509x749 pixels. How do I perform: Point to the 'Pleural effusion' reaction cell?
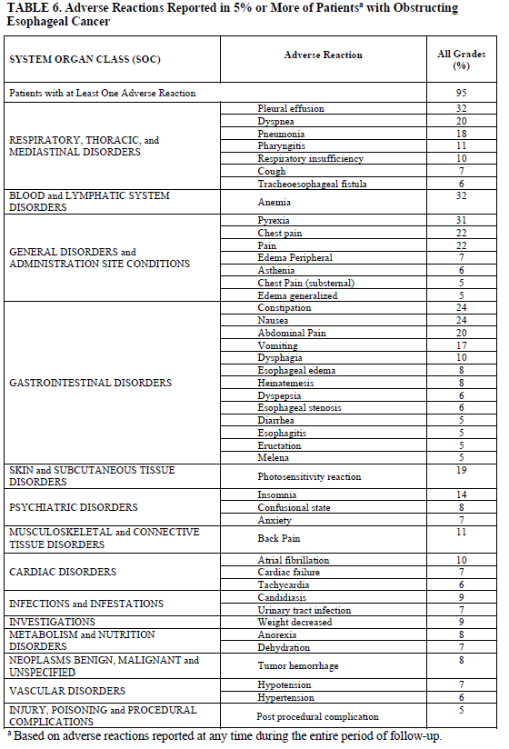(x=291, y=108)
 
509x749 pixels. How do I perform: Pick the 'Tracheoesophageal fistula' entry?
(x=312, y=184)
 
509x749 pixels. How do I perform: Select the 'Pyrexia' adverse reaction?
(x=275, y=221)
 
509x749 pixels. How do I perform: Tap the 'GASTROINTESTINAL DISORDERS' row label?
(x=90, y=383)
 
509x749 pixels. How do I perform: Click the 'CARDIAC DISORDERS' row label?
(x=63, y=573)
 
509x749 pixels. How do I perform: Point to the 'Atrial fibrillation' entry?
(x=293, y=560)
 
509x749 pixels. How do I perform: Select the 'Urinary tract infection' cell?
(x=304, y=610)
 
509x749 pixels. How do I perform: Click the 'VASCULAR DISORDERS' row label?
(x=66, y=690)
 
